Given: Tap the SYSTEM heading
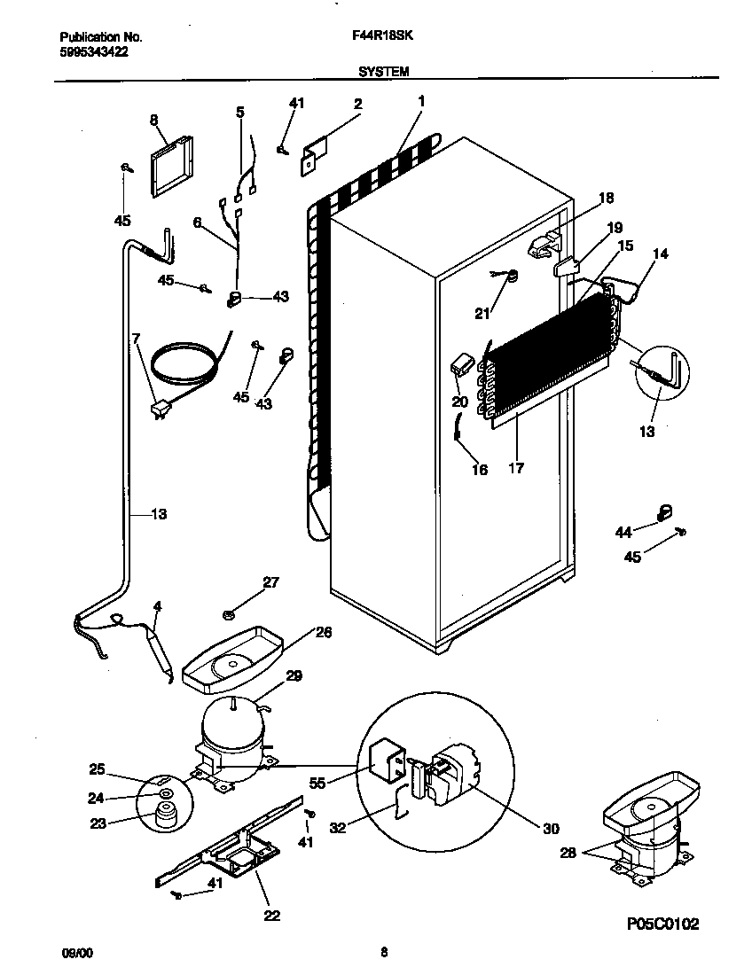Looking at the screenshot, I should (x=383, y=72).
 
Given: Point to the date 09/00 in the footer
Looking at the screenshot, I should (x=76, y=953).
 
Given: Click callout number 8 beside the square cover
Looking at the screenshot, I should (x=153, y=119).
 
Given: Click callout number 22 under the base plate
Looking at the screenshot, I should (x=271, y=916).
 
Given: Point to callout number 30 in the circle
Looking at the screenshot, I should (x=552, y=829).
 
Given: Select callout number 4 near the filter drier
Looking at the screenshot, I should (x=157, y=606).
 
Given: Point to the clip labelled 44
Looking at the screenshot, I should (x=663, y=512).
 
